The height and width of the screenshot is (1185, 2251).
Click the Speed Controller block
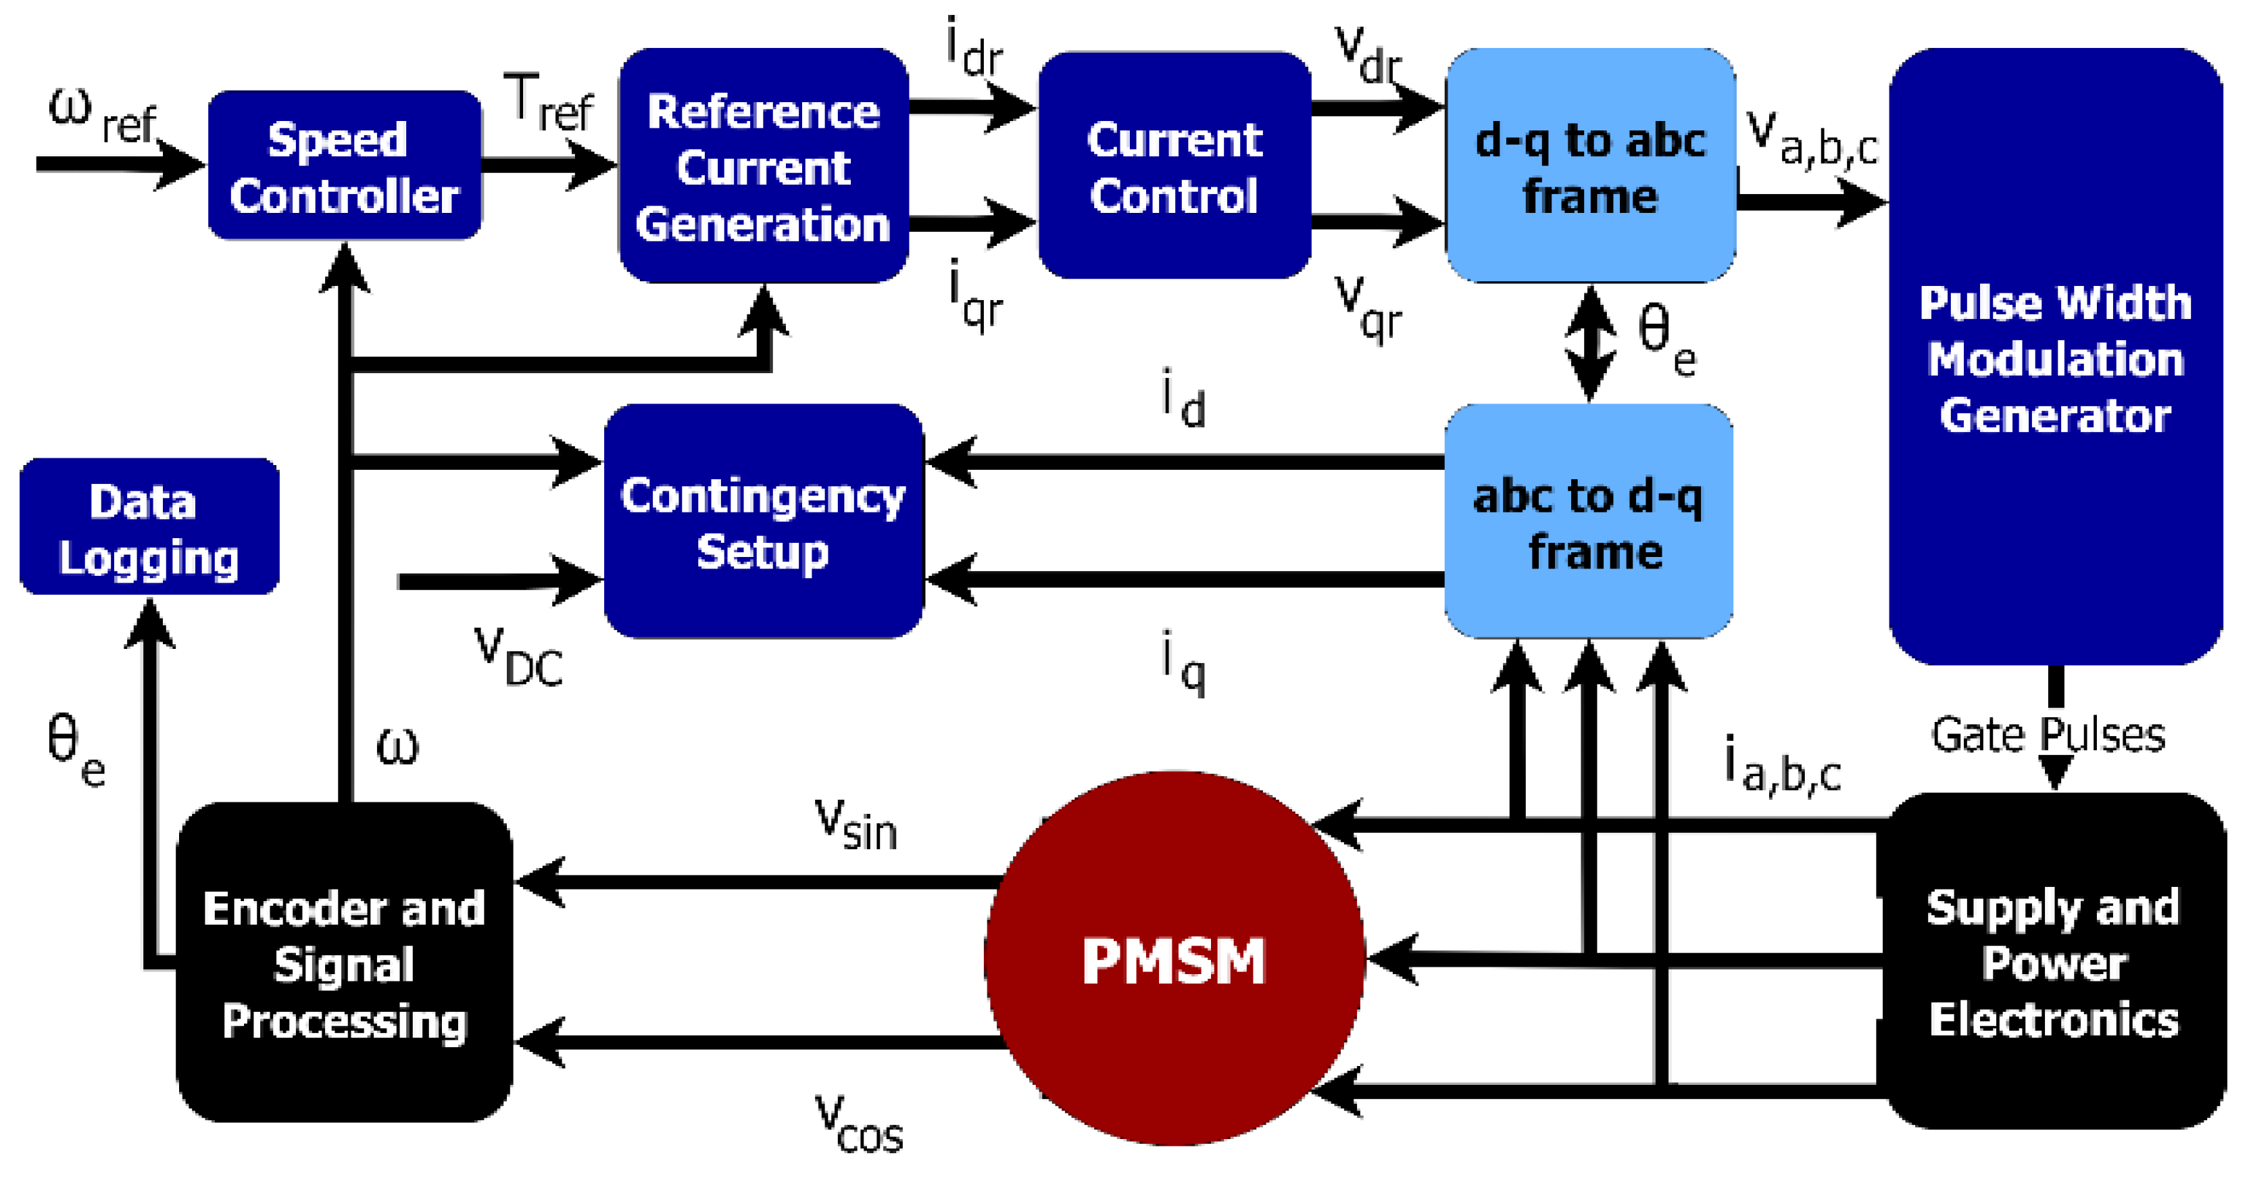[x=344, y=166]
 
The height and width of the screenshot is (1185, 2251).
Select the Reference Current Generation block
[x=763, y=166]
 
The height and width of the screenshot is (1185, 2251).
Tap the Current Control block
[x=1174, y=166]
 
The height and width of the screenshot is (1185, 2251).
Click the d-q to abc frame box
[x=1589, y=166]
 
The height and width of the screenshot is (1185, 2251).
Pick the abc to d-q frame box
[x=1588, y=522]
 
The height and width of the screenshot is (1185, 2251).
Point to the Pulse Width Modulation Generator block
[x=2054, y=358]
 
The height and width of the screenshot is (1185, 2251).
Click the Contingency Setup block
[x=763, y=522]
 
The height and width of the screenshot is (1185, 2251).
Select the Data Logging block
[x=149, y=527]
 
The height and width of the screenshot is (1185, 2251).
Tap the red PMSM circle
[x=1174, y=959]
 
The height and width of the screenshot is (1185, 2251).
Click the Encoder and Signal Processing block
[x=343, y=963]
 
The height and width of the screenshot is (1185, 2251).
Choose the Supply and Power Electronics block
[x=2054, y=961]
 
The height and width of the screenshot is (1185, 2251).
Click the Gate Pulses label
[x=2048, y=735]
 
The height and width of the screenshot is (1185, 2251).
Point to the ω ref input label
[x=101, y=116]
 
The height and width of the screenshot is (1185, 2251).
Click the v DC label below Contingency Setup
[x=518, y=657]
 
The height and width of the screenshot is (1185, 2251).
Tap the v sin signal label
[x=856, y=824]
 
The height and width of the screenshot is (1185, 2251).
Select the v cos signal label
[x=858, y=1125]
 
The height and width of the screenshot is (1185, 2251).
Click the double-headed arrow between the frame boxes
[x=1589, y=343]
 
